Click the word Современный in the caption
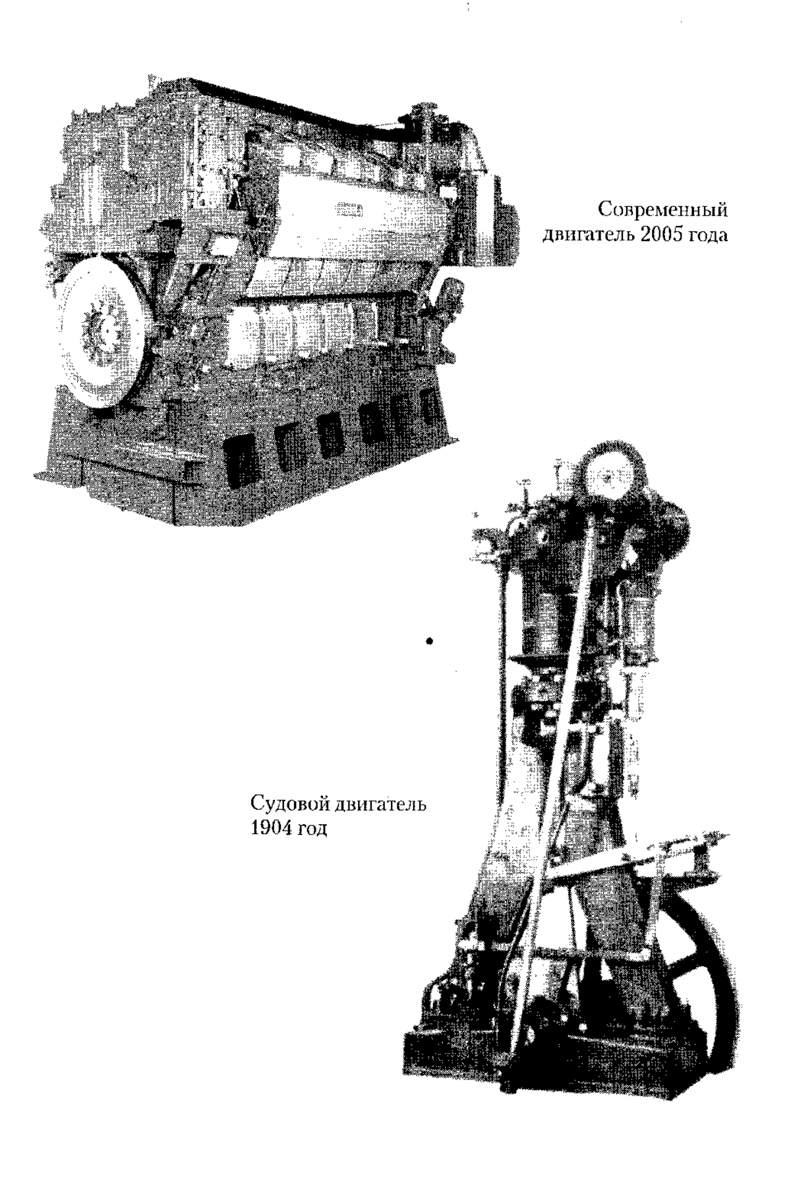pos(663,212)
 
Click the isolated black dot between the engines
pos(430,640)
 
